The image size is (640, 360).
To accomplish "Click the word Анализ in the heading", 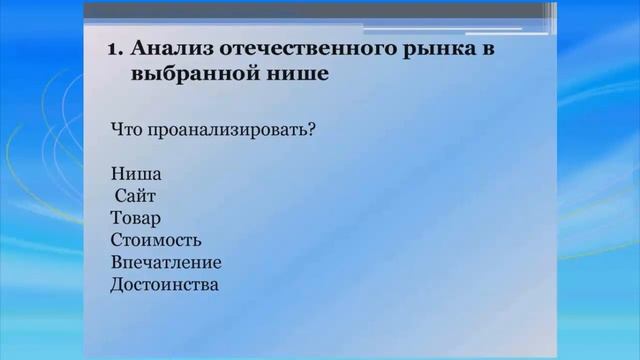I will tap(165, 49).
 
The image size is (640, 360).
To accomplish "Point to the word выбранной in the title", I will tap(186, 73).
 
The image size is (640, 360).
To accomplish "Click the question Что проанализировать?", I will tap(209, 129).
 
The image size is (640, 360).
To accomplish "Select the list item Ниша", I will tap(137, 175).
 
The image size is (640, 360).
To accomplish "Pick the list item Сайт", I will tap(136, 197).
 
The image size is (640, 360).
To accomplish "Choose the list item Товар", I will tap(136, 218).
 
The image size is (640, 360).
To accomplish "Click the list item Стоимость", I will tap(156, 240).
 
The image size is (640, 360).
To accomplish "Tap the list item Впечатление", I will tap(166, 262).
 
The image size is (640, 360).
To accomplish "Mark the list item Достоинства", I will tap(164, 284).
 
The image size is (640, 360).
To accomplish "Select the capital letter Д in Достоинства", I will tap(118, 284).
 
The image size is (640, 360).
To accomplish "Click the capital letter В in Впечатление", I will tap(117, 262).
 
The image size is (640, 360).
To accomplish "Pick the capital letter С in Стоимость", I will tap(117, 240).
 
